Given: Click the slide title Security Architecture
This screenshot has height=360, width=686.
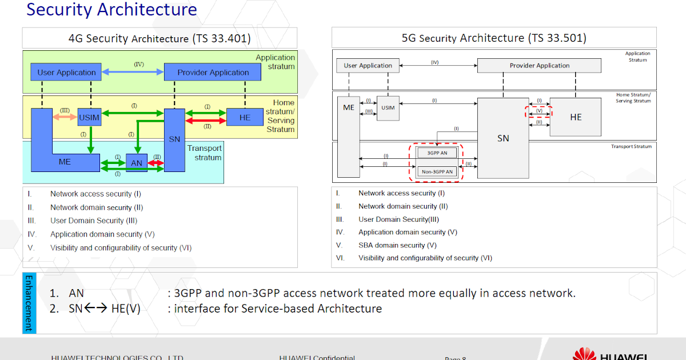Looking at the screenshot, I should click(112, 10).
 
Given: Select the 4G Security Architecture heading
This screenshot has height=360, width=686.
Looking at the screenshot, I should click(159, 38).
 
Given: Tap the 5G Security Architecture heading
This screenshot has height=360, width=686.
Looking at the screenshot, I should click(494, 38).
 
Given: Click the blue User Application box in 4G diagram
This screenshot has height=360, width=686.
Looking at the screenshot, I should click(66, 73).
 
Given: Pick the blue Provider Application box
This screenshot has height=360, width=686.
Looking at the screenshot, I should click(213, 73).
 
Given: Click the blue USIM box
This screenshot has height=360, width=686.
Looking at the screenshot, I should click(89, 117).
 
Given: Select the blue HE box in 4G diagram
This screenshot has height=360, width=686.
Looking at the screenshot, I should click(245, 117).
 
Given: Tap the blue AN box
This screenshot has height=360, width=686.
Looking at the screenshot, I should click(137, 163).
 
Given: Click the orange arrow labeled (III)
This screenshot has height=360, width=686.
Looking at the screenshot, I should click(65, 117).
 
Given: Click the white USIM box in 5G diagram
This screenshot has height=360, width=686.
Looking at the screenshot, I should click(388, 108).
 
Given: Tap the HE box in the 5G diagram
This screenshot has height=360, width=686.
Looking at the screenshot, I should click(575, 117).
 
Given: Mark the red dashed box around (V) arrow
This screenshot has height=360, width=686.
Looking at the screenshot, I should click(539, 111).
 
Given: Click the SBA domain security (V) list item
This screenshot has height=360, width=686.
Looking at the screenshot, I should click(397, 245).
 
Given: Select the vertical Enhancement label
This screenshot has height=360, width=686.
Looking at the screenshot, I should click(29, 303).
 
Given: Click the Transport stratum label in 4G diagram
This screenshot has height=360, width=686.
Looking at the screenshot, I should click(204, 153).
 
